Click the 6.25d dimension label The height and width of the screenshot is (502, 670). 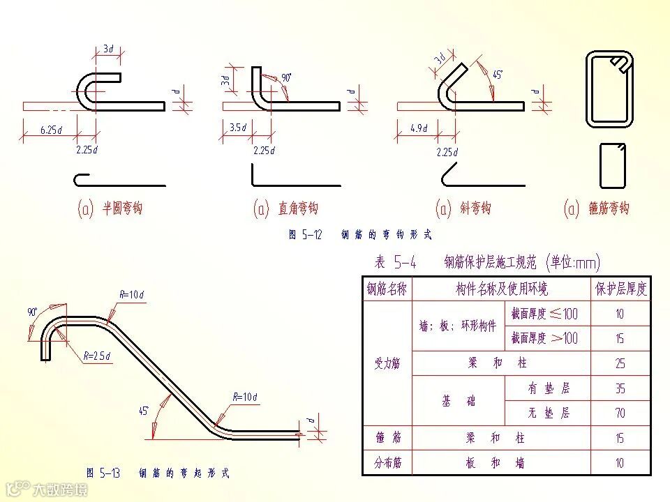coord(51,130)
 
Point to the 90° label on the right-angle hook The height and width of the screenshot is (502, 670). coord(285,77)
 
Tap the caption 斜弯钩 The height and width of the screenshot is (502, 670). coord(475,208)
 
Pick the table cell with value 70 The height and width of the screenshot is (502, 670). coord(620,413)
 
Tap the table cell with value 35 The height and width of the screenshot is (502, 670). coord(620,388)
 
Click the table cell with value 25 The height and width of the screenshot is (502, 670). coord(620,363)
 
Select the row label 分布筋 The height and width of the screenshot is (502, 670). coord(387,463)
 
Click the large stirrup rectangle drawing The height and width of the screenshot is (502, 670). coord(609,89)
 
